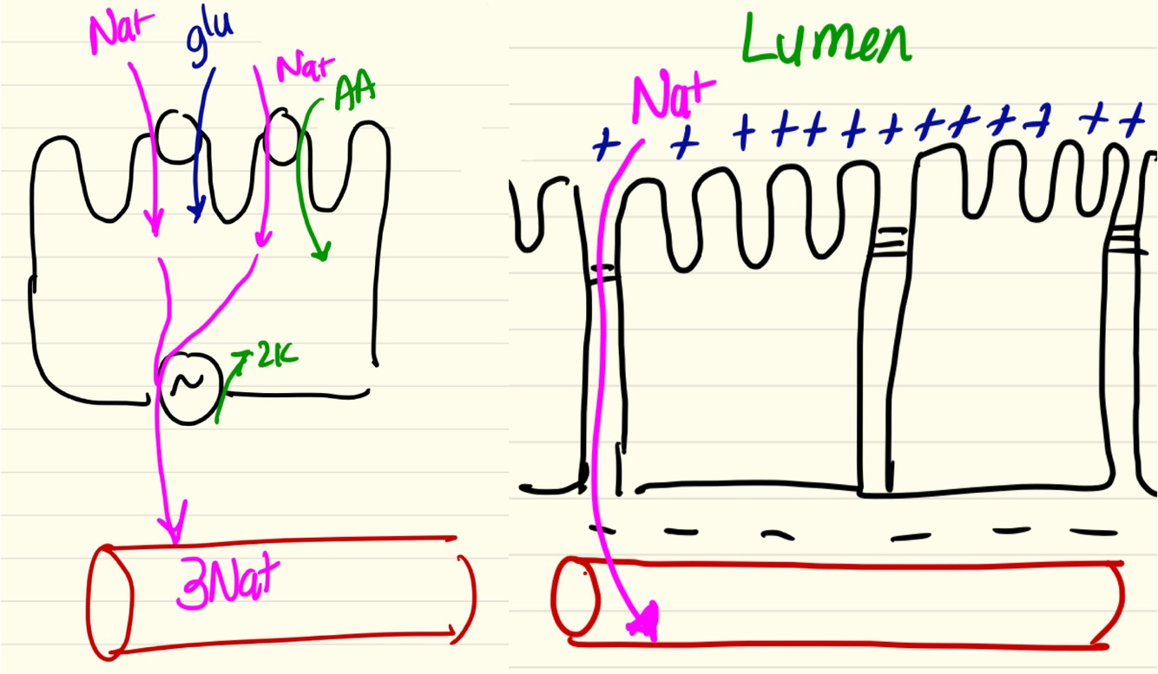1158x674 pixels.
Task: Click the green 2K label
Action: pyautogui.click(x=277, y=357)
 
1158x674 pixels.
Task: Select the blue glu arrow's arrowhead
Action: pyautogui.click(x=198, y=211)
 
